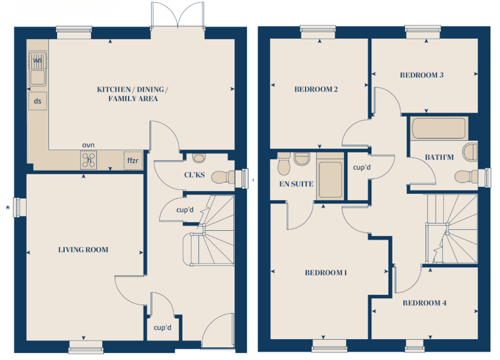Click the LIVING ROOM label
[x=83, y=250]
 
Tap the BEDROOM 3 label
[x=422, y=75]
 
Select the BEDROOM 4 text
[x=424, y=303]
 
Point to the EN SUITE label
[x=296, y=184]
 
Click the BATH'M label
[x=439, y=157]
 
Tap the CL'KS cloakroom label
[x=194, y=175]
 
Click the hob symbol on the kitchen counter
[x=89, y=160]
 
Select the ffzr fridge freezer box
[x=133, y=160]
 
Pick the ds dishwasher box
[x=37, y=101]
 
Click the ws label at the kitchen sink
[x=37, y=60]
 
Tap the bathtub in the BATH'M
[x=438, y=128]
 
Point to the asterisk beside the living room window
[x=7, y=208]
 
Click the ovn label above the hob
[x=88, y=145]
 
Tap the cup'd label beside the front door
[x=163, y=328]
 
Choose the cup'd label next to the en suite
[x=362, y=167]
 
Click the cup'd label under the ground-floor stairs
[x=185, y=210]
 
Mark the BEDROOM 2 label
[x=315, y=89]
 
